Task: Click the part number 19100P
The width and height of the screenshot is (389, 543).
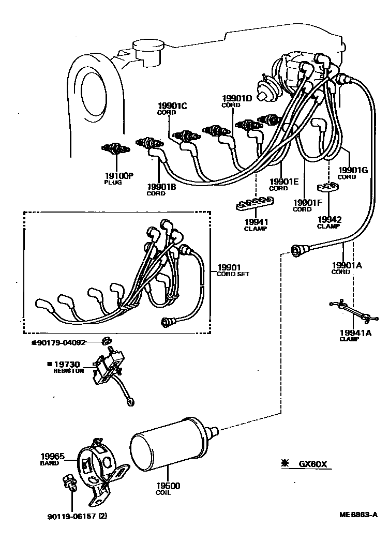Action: click(x=119, y=175)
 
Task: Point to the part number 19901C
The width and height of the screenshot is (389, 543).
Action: click(x=172, y=106)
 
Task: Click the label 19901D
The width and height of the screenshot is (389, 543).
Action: click(x=237, y=98)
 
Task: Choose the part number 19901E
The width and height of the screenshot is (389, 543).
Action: click(x=284, y=182)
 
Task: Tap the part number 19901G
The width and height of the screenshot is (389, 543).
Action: click(x=354, y=170)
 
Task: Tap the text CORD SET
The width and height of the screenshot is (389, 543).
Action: click(x=232, y=274)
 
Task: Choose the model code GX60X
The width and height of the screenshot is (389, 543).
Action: click(x=312, y=464)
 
